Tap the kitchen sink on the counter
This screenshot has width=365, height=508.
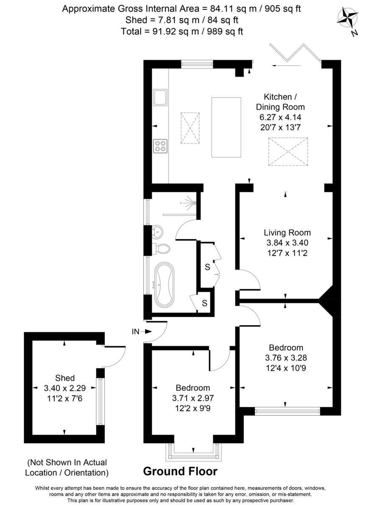point(160,98)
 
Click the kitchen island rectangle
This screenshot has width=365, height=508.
point(226,127)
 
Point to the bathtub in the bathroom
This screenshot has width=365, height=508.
point(163,285)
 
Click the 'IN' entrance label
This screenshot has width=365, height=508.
point(136,332)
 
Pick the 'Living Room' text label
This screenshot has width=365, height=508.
point(287,232)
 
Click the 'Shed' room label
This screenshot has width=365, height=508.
point(65,378)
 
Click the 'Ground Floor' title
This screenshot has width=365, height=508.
point(180,471)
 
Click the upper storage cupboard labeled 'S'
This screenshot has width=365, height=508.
point(207,267)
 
